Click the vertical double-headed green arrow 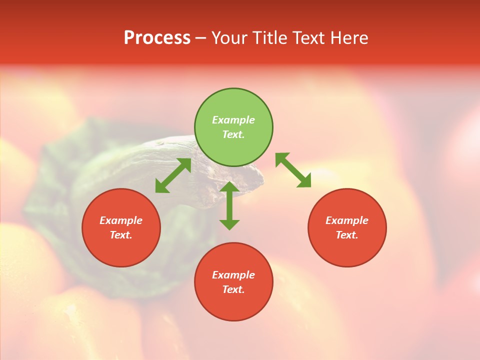point(229,205)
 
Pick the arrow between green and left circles point(173,175)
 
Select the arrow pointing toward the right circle point(293,170)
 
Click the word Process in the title point(157,38)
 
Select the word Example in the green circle point(233,120)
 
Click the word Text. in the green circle point(233,134)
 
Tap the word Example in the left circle point(121,220)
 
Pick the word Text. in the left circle point(121,235)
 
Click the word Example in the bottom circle point(233,275)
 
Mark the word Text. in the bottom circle point(233,289)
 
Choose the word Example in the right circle point(347,220)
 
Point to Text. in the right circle point(347,235)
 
